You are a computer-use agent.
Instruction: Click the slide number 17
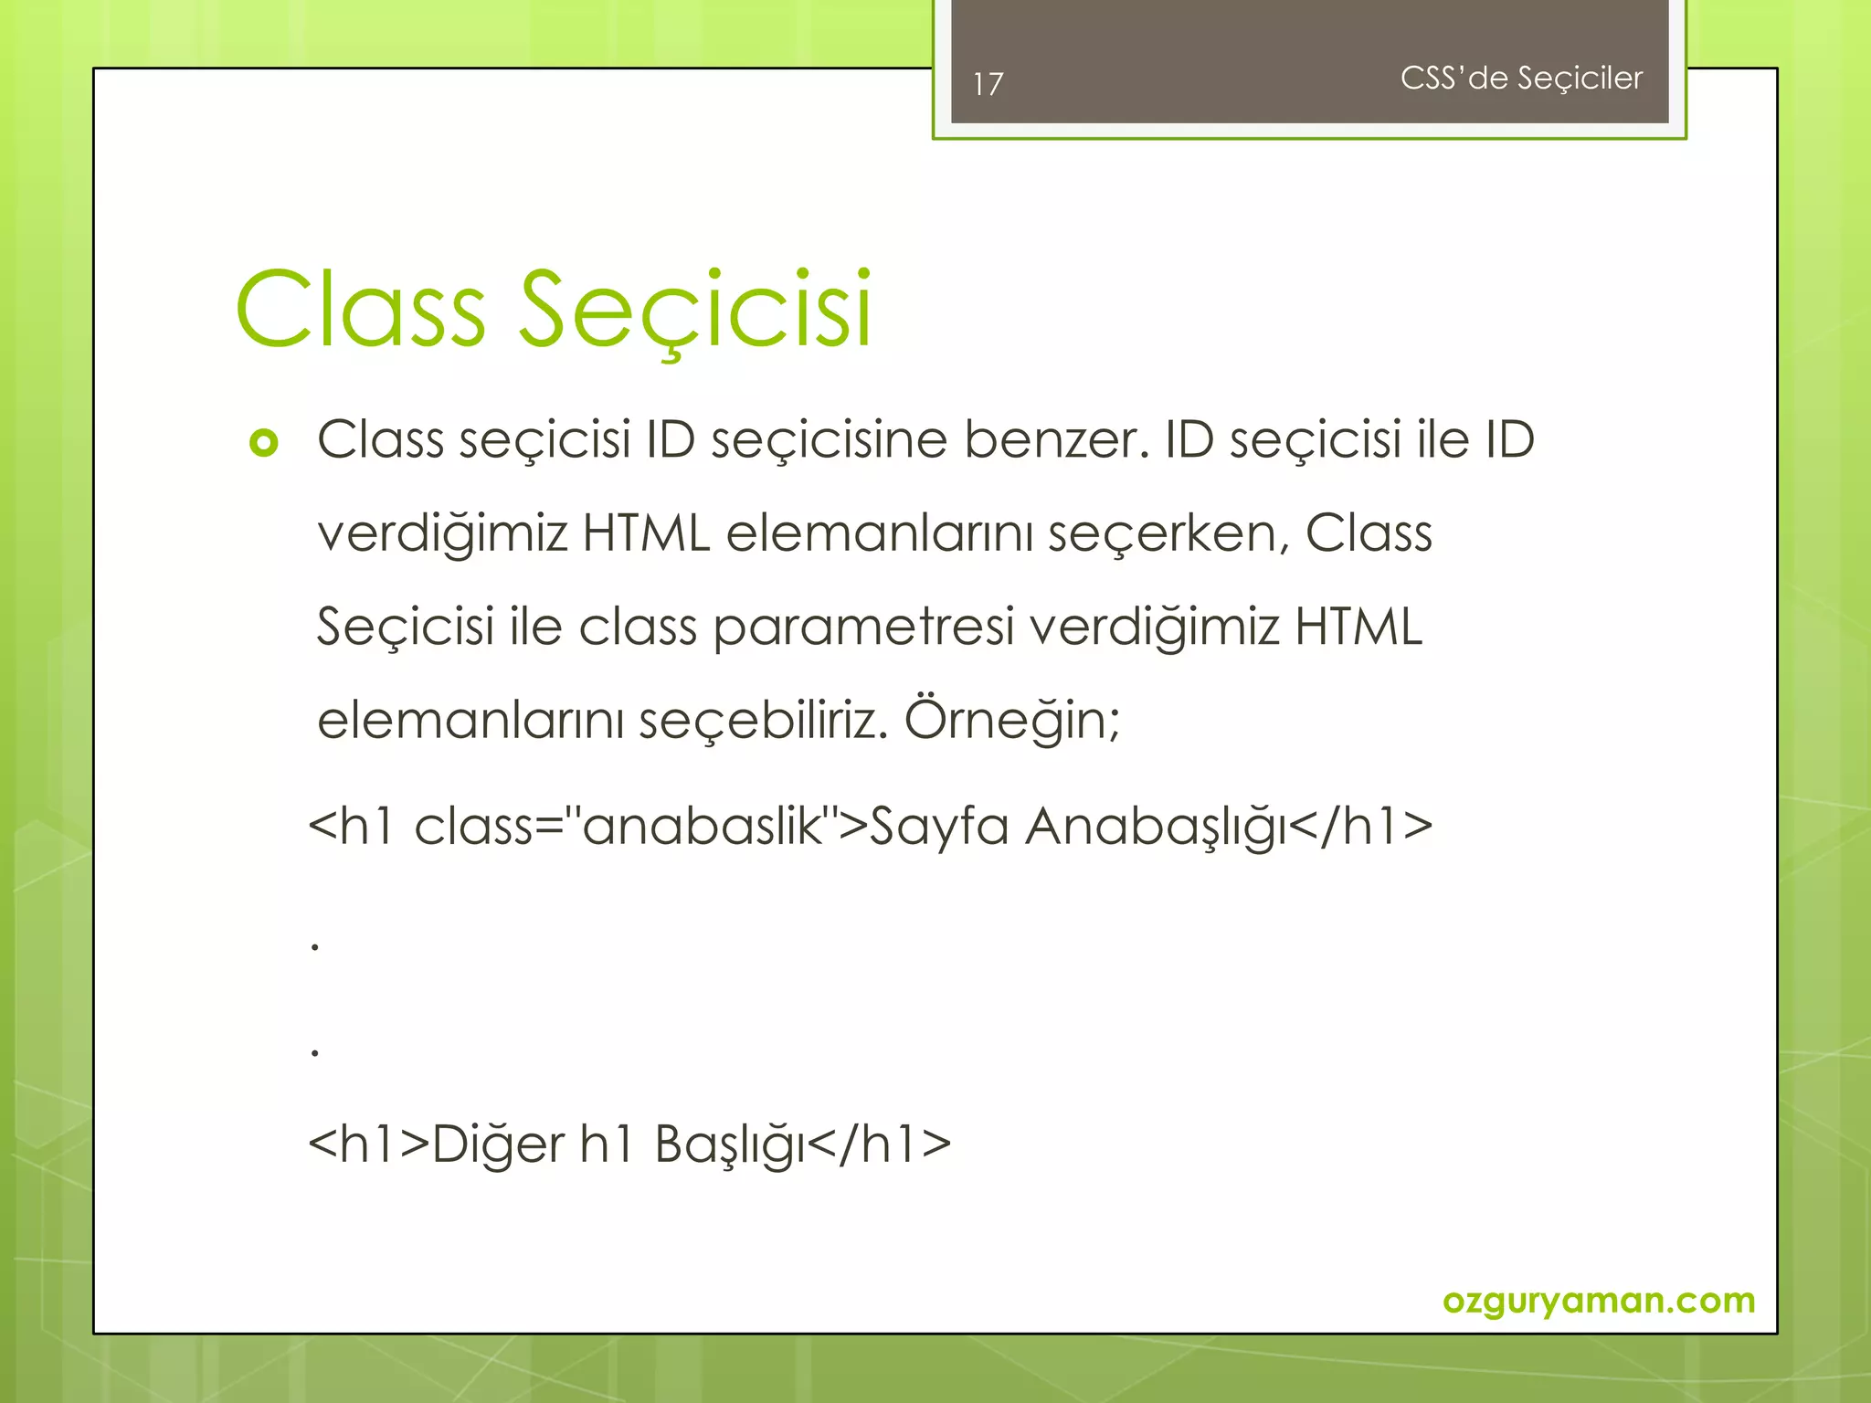(x=988, y=84)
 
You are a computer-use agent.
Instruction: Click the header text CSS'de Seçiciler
(x=1520, y=79)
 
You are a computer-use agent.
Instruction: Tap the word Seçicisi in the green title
(x=694, y=311)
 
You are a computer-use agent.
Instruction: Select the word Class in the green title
(x=360, y=311)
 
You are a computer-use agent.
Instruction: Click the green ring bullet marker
(x=263, y=443)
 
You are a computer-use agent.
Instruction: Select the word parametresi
(x=862, y=628)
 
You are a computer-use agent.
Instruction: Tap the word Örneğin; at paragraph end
(x=1011, y=720)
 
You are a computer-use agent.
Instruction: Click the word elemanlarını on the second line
(x=879, y=534)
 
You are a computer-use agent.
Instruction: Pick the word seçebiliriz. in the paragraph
(x=763, y=720)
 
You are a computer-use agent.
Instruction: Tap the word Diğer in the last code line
(x=498, y=1145)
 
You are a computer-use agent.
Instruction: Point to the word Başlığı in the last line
(x=729, y=1145)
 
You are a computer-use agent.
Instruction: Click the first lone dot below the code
(x=315, y=947)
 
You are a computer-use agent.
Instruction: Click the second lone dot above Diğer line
(x=315, y=1053)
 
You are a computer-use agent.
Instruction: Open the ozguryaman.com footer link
(x=1598, y=1300)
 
